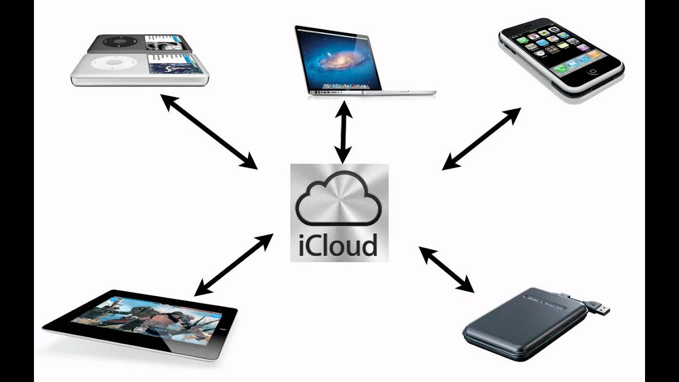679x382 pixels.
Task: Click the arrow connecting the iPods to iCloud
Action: click(209, 132)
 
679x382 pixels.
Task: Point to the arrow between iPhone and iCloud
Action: click(481, 139)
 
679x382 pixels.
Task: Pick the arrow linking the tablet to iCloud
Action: click(233, 265)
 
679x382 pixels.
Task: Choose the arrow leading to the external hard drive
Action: click(446, 269)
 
